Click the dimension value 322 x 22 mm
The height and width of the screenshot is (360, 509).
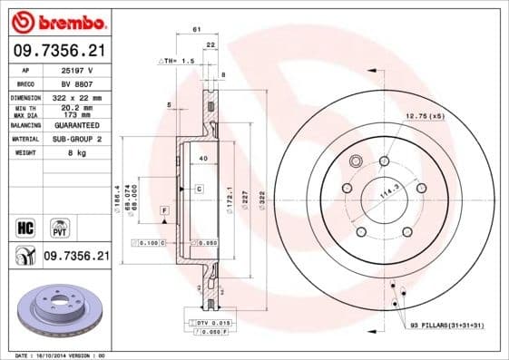(x=77, y=97)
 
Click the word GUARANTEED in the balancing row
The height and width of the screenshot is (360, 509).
(x=77, y=125)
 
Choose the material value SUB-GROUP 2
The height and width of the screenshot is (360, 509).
(x=77, y=139)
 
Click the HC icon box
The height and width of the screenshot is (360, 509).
(x=24, y=225)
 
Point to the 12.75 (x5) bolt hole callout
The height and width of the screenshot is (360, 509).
(x=425, y=116)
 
